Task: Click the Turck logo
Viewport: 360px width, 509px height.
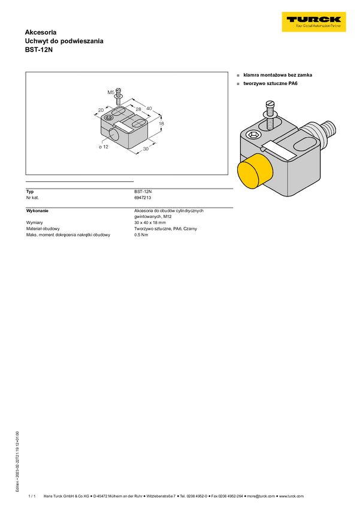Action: click(x=314, y=22)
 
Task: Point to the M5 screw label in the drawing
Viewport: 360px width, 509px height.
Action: click(x=111, y=92)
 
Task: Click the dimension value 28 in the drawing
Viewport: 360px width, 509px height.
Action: click(x=138, y=109)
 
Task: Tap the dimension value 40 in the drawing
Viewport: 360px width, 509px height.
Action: click(x=149, y=108)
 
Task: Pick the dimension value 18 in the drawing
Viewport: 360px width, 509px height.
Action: click(x=161, y=123)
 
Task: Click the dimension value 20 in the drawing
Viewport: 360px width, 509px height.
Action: click(x=101, y=110)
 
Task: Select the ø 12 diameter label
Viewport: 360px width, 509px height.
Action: click(x=104, y=147)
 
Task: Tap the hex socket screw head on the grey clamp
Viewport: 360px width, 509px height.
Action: click(x=253, y=134)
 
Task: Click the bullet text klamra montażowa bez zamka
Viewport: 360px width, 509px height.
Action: click(x=277, y=75)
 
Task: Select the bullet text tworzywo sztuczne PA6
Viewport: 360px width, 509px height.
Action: click(x=270, y=83)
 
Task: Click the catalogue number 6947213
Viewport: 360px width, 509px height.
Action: click(x=143, y=198)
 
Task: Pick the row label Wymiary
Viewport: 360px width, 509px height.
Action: click(x=34, y=223)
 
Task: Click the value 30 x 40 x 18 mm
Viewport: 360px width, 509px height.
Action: click(x=150, y=223)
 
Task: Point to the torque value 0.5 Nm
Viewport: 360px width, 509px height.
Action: click(x=141, y=235)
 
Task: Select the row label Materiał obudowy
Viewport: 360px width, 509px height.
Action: click(x=43, y=229)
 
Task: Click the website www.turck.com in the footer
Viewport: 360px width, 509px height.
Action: click(x=292, y=496)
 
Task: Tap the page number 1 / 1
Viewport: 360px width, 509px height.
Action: click(x=32, y=496)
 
